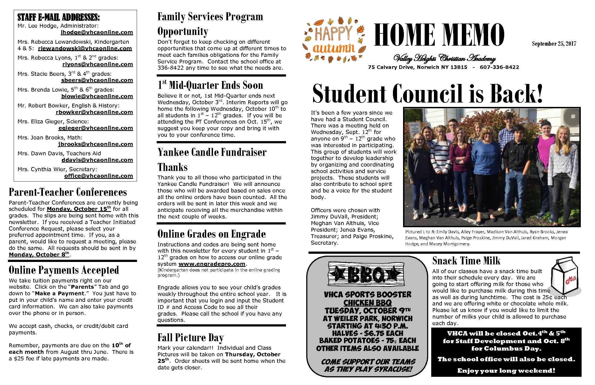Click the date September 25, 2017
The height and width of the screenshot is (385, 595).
coord(554,44)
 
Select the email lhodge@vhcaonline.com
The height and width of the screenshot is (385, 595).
coord(97,32)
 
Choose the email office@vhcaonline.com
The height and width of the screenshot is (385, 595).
coord(98,176)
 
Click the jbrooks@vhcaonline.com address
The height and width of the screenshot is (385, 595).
coord(95,144)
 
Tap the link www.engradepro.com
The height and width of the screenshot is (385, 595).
coord(212,264)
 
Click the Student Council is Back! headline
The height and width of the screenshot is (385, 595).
coord(427,94)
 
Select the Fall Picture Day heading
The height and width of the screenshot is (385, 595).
coord(191,338)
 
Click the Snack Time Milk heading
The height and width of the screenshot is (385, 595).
coord(466,261)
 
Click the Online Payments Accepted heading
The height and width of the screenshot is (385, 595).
coord(64,270)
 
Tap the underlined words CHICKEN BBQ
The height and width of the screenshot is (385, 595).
coord(367,303)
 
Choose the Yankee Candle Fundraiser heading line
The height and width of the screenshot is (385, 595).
coord(212,152)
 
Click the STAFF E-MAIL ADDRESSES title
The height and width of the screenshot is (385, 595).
coord(59,17)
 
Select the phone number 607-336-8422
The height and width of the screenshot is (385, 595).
coord(499,67)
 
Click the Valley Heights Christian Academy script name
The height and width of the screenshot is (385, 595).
coord(444,58)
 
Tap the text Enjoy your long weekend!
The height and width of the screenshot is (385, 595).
coord(506,371)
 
